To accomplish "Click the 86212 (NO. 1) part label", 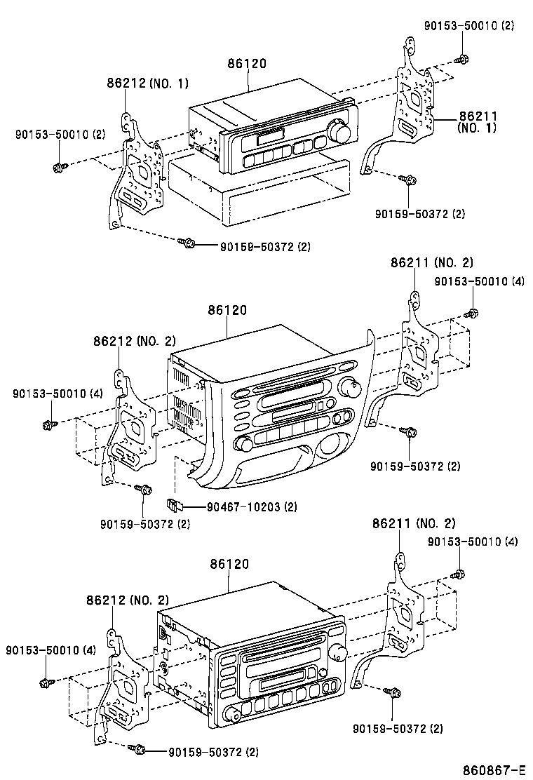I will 148,83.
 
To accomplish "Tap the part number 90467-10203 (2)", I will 251,506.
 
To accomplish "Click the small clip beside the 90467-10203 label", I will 174,504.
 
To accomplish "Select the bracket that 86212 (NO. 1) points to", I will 139,175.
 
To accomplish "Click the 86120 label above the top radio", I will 247,64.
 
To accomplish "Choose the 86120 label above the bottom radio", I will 229,564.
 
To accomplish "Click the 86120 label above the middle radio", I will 227,310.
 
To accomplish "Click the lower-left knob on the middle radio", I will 244,444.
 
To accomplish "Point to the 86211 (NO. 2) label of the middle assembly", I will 432,263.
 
